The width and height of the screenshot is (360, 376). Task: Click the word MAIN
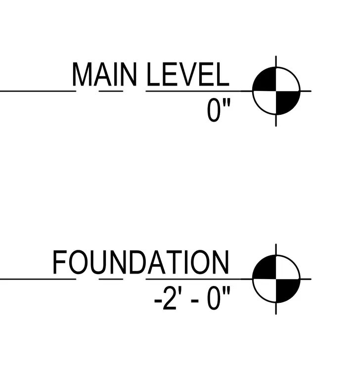(x=104, y=74)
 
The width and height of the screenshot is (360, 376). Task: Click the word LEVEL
(x=188, y=74)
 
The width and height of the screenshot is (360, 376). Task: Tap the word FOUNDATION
(x=141, y=262)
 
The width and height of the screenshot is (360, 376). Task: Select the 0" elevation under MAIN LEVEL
(x=219, y=110)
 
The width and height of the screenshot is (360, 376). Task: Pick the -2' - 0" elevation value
(x=192, y=298)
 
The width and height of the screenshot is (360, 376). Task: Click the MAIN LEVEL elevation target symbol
(x=276, y=91)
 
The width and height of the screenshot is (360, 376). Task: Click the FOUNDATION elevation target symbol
(x=276, y=279)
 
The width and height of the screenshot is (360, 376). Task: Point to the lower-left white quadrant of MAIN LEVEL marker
(x=267, y=101)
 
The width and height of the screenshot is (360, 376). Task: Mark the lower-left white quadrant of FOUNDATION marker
(x=267, y=289)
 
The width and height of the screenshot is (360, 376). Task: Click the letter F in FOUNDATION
(x=60, y=262)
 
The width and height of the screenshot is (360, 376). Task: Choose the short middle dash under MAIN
(x=111, y=91)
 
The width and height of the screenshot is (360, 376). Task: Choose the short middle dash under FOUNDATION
(x=111, y=279)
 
